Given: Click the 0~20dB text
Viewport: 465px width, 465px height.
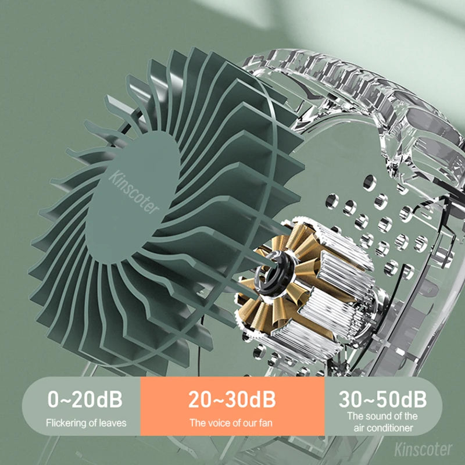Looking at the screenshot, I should click(85, 399).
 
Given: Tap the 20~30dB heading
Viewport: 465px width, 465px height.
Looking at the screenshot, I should click(232, 399).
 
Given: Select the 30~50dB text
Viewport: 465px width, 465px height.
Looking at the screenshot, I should click(382, 399).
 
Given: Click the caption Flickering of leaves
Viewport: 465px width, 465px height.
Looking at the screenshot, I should click(85, 423).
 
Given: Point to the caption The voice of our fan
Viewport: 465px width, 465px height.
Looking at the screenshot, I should click(231, 423).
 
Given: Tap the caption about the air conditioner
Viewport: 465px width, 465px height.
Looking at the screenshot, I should click(382, 422).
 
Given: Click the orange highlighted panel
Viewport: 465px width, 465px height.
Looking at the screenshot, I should click(232, 410).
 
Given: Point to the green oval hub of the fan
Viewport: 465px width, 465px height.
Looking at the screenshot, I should click(134, 192).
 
